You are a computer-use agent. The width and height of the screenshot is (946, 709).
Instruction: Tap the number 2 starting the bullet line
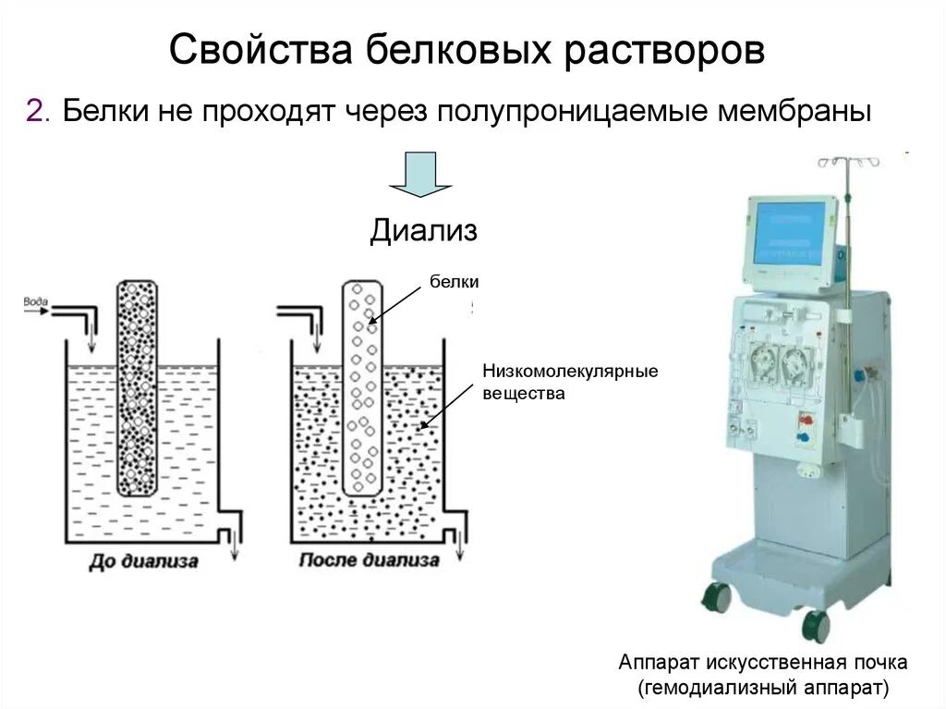tap(34, 112)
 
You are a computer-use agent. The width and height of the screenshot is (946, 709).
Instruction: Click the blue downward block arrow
tap(420, 175)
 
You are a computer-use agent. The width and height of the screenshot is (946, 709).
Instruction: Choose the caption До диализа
tap(143, 561)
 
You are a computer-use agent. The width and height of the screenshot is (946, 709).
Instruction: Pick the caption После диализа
tap(370, 561)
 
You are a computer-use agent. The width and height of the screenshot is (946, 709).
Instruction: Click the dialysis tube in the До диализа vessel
tap(137, 388)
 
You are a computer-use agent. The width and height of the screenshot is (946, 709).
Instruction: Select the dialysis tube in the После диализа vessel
tap(363, 388)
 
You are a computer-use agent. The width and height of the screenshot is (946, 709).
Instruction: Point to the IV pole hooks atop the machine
tap(847, 163)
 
